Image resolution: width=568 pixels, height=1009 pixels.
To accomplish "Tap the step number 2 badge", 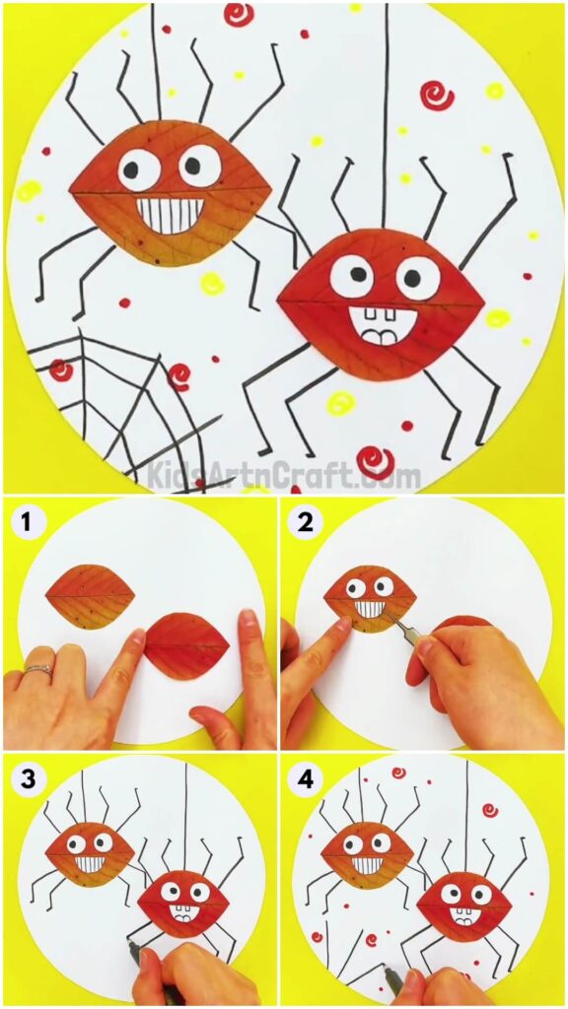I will tap(305, 522).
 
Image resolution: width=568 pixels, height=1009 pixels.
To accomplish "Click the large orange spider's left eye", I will tap(139, 170).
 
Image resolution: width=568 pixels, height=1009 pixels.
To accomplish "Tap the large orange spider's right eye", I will tap(200, 166).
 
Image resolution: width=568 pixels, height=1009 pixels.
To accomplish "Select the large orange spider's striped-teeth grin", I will tap(171, 215).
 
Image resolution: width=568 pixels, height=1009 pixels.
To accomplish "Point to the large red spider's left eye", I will tap(351, 276).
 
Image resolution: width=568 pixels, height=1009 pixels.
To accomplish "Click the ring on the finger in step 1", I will tap(36, 670).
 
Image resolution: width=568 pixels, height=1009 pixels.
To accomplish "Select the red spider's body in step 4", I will tap(463, 908).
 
